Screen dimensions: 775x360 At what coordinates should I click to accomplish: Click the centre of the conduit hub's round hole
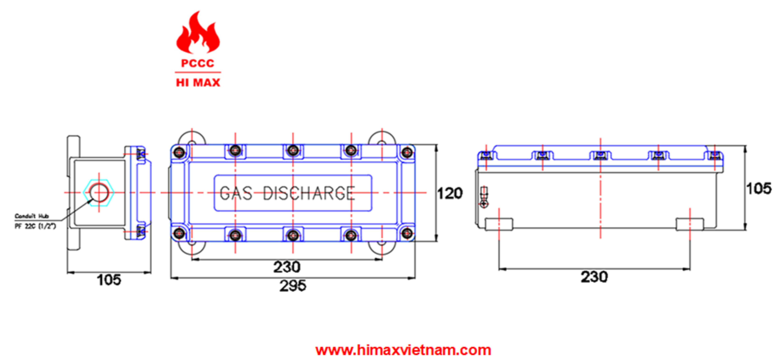tap(99, 192)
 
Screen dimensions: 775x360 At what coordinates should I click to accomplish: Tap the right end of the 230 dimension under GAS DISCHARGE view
tap(382, 259)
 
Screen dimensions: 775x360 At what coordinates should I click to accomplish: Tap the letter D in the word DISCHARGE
tap(269, 193)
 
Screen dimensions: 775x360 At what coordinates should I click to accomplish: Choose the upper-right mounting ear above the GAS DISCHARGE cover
tap(382, 138)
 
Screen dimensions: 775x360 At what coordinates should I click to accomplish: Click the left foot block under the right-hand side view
tap(499, 224)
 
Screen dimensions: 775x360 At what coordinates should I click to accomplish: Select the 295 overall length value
tap(293, 286)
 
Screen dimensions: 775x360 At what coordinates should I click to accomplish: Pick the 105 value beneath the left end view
tap(109, 280)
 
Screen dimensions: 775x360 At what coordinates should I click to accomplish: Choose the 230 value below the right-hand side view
tap(594, 277)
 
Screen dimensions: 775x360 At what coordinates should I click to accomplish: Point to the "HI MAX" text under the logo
tap(198, 83)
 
